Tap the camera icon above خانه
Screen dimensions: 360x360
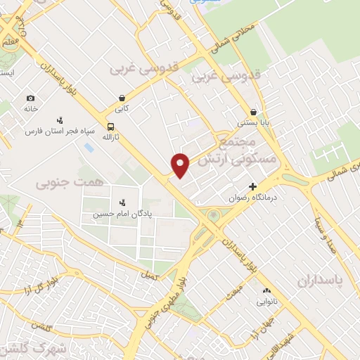pos(30,98)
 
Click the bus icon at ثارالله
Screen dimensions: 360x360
pos(110,127)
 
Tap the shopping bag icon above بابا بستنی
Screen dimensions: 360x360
pos(253,111)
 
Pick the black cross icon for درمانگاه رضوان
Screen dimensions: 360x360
pos(252,186)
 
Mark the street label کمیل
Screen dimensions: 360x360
pos(149,276)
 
